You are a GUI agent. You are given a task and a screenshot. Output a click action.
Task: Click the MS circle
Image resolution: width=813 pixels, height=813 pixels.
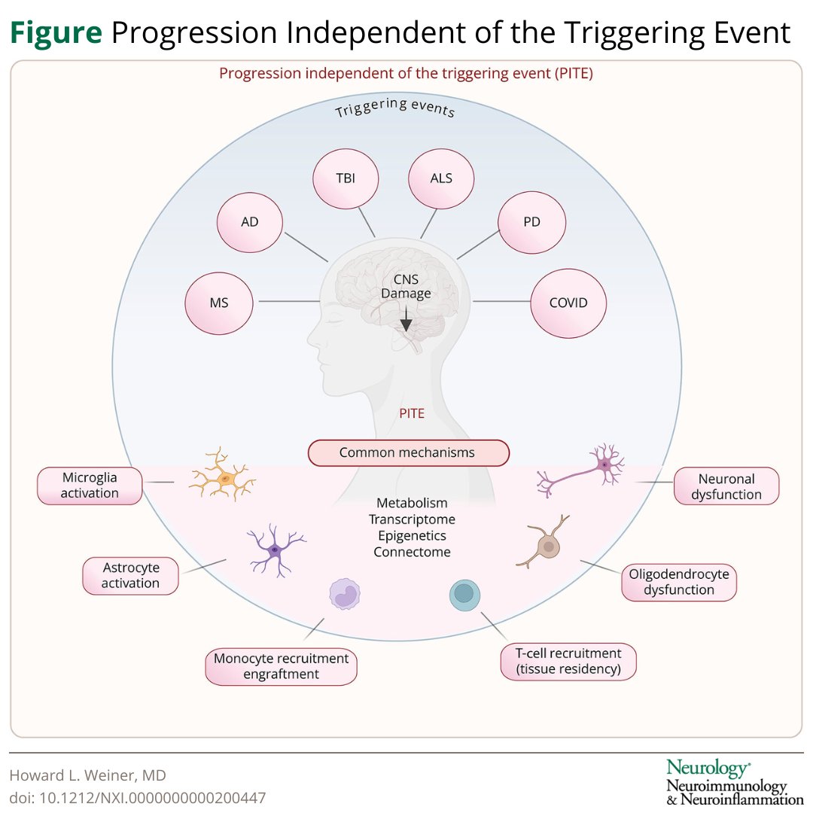[x=219, y=303]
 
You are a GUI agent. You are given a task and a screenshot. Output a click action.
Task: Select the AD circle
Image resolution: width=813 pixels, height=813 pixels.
[x=250, y=224]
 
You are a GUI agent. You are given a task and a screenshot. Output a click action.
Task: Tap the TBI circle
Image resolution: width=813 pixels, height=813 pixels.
[x=345, y=179]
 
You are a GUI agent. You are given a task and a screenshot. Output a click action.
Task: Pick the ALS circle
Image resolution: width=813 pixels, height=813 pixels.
[x=441, y=178]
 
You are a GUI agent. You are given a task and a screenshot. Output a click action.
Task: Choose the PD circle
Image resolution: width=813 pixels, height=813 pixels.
[x=531, y=222]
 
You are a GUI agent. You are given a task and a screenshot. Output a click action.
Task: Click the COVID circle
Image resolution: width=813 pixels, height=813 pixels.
[x=568, y=303]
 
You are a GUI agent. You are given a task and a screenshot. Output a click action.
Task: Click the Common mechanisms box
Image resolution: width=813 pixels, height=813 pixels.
[x=408, y=453]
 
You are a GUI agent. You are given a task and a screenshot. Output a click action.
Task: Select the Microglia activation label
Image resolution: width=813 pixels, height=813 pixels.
[x=90, y=486]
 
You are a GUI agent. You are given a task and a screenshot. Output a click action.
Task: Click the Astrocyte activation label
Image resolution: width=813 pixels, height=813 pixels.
[x=130, y=575]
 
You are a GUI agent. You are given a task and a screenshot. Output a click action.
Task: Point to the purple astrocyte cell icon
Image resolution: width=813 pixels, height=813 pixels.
[x=275, y=550]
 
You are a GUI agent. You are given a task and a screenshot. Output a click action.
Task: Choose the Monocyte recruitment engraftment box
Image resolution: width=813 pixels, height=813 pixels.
[x=281, y=666]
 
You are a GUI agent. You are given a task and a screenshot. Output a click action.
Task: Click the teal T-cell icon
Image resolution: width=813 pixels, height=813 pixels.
[x=464, y=595]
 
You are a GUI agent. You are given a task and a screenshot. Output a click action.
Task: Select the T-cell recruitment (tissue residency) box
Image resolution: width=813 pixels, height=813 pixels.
[x=568, y=661]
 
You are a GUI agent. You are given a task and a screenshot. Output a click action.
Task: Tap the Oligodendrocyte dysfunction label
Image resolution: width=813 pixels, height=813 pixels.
[x=679, y=582]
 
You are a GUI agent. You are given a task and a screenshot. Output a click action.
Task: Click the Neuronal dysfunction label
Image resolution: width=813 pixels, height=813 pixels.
[x=726, y=486]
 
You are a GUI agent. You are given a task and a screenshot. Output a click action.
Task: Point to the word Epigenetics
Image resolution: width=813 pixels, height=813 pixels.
[x=412, y=536]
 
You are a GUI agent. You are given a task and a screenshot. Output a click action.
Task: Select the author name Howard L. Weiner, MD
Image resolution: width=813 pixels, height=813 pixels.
[x=88, y=775]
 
